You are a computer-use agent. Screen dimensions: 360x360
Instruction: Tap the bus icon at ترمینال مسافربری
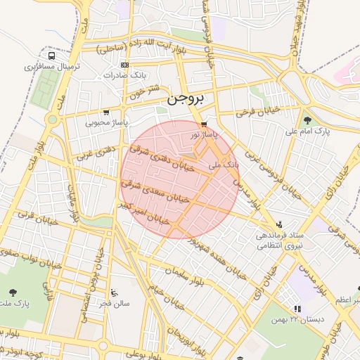click(x=52, y=56)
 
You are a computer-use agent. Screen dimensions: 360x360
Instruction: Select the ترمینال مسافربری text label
click(x=54, y=67)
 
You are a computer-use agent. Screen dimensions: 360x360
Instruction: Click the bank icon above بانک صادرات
click(x=125, y=64)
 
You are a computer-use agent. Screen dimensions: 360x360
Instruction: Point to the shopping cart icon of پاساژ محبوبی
click(x=105, y=112)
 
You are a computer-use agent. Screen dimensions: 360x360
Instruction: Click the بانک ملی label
click(x=224, y=164)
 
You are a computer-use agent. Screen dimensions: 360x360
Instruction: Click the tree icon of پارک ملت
click(x=13, y=292)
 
